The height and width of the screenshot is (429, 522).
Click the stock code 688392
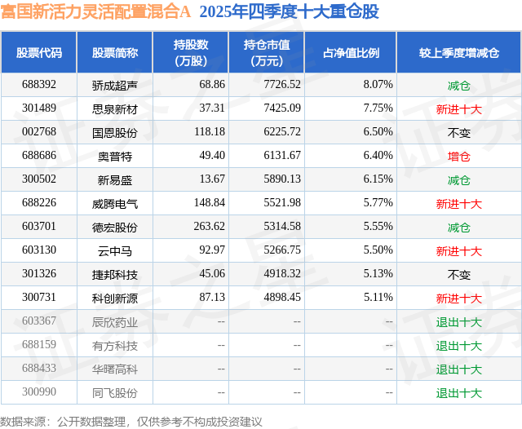[x=39, y=85]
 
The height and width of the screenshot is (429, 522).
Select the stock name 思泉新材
[x=115, y=108]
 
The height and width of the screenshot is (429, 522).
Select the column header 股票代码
[x=39, y=52]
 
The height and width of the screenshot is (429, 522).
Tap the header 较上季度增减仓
[x=459, y=52]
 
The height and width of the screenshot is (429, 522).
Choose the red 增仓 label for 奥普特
[x=459, y=156]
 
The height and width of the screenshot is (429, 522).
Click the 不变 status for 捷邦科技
[x=459, y=275]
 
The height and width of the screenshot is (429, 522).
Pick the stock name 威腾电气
[x=115, y=203]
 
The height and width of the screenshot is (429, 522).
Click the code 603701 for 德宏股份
[x=39, y=227]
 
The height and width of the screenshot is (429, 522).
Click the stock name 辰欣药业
[x=115, y=322]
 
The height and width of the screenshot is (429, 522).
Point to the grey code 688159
[x=39, y=346]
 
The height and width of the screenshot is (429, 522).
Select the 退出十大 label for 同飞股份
[x=459, y=393]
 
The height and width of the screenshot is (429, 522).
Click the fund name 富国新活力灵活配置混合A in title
[x=96, y=12]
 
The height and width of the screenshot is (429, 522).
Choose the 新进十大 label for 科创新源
[x=459, y=299]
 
